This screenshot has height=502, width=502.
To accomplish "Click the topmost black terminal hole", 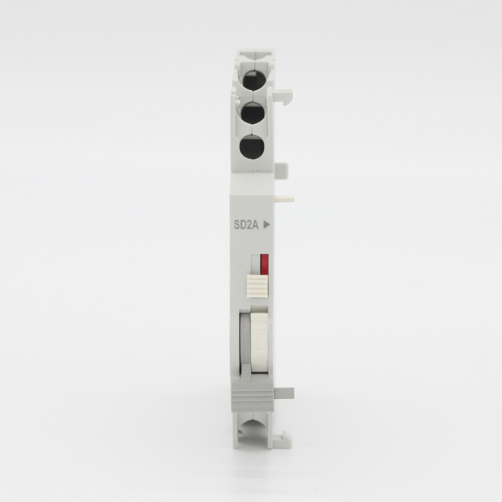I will click(x=252, y=80).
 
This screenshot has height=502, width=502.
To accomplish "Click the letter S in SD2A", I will click(x=236, y=223).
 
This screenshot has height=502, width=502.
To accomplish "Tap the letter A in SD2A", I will click(x=257, y=223).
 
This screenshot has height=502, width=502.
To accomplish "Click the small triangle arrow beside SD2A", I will click(x=267, y=223).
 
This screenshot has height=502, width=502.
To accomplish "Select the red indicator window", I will click(x=265, y=264).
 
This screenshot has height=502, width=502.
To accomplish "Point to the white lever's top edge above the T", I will click(x=259, y=316).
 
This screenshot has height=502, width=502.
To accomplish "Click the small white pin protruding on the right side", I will click(x=287, y=199).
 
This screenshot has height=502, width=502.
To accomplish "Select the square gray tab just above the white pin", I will click(x=282, y=170).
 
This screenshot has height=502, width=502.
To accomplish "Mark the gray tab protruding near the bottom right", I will click(x=285, y=392).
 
